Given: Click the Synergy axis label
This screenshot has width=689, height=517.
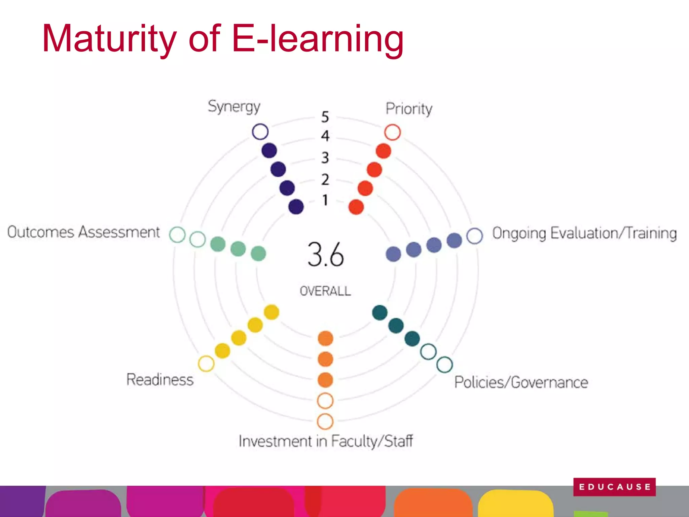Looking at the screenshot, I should (234, 107).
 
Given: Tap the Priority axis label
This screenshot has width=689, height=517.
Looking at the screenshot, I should (409, 109).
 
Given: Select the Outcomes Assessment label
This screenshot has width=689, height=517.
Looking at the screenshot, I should (83, 232).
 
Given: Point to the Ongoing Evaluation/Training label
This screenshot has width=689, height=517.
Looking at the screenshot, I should (585, 233).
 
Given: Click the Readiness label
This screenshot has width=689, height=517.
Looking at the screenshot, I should (160, 380).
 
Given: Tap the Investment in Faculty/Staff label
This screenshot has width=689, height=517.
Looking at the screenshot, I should (326, 441).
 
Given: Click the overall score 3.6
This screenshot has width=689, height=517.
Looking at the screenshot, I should (326, 255).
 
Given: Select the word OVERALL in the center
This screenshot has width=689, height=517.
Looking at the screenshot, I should (325, 291).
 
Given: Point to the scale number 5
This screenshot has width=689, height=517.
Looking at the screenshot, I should (325, 117).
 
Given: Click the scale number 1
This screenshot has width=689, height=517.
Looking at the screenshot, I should (325, 200).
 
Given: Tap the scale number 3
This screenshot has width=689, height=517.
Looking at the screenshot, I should (325, 158).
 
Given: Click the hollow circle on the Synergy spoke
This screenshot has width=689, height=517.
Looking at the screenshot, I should (260, 132).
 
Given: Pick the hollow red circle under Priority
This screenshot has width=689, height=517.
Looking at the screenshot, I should (392, 132).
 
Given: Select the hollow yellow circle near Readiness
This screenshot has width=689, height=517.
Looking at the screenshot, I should (206, 364).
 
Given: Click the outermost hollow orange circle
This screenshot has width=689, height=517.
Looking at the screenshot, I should (325, 421).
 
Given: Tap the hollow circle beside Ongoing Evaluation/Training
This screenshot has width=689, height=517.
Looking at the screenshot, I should (475, 236).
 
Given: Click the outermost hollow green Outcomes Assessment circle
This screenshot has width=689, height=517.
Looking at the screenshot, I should (177, 235).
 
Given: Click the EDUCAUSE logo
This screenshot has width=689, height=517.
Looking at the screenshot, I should (614, 487).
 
